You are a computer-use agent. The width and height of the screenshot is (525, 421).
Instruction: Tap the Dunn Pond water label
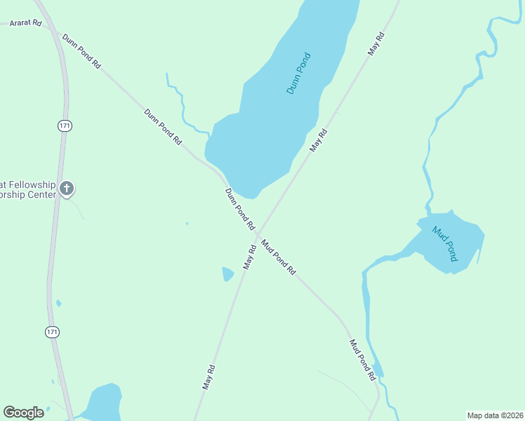pos(299,74)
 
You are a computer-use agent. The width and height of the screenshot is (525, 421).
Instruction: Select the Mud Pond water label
pos(445,243)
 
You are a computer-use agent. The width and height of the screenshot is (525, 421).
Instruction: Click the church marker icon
pos(67,188)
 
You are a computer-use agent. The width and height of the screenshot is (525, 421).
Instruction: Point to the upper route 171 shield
pos(65,126)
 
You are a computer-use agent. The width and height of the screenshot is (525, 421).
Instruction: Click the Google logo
pos(24,413)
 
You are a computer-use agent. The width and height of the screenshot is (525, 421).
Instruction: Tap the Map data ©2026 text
pos(495,415)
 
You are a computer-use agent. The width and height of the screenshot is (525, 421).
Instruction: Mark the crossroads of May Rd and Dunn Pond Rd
pos(258,234)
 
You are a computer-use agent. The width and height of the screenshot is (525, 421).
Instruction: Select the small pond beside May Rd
pos(227,274)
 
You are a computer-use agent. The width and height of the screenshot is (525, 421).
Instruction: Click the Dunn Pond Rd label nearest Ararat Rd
pos(81,51)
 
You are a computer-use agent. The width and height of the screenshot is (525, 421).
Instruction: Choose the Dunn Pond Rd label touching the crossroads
pos(239,209)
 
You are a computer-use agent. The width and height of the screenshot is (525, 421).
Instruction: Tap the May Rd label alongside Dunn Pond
pos(319,140)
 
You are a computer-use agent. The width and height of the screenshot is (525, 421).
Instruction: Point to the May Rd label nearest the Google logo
pos(208,377)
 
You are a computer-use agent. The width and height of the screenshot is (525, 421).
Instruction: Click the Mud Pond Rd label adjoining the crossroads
pos(279,257)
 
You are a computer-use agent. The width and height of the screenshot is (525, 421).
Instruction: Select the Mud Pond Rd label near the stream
pos(363,360)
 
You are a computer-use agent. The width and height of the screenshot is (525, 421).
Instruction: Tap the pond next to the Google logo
pos(104,403)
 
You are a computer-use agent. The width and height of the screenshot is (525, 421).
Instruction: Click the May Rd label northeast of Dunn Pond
pos(377,44)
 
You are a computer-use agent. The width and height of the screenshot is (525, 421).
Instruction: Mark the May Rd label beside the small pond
pos(250,257)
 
